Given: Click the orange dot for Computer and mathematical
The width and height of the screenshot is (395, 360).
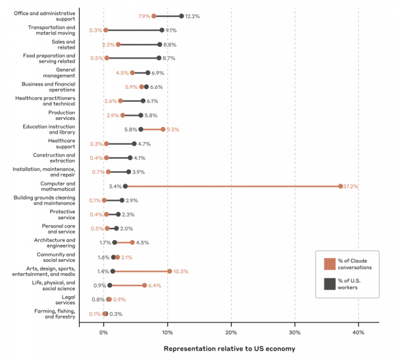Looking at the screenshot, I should tap(340, 186).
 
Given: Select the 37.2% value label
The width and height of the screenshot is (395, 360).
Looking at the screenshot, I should tap(353, 186).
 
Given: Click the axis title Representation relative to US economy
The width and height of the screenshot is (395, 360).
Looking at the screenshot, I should tap(229, 348).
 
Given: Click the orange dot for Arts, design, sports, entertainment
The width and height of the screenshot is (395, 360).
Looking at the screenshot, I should tap(169, 271).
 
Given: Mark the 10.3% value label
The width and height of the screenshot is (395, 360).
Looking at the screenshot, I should tap(182, 271).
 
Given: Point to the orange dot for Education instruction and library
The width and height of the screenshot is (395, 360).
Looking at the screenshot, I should tap(163, 130).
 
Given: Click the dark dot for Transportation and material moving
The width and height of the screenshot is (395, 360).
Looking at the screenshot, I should tap(161, 30).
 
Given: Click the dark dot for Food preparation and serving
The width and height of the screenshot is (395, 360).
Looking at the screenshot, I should tap(159, 58).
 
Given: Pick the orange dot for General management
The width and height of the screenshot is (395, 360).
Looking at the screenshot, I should tap(132, 72).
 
